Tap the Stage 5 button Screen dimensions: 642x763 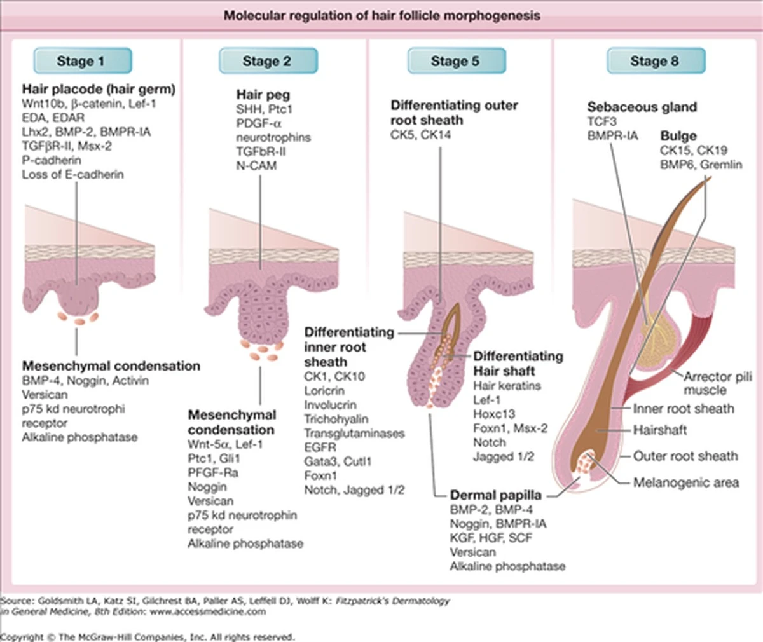pyautogui.click(x=455, y=61)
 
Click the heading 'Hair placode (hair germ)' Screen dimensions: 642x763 pyautogui.click(x=99, y=89)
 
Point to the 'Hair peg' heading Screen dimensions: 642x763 pyautogui.click(x=263, y=95)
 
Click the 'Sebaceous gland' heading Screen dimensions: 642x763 pyautogui.click(x=642, y=107)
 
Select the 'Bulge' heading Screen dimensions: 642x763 pyautogui.click(x=678, y=135)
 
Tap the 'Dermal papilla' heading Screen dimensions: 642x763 pyautogui.click(x=496, y=495)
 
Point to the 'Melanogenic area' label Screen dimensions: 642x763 pyautogui.click(x=686, y=482)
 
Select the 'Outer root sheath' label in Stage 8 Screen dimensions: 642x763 pyautogui.click(x=685, y=456)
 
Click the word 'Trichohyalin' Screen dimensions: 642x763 pyautogui.click(x=336, y=419)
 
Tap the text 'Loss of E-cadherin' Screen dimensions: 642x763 pyautogui.click(x=73, y=174)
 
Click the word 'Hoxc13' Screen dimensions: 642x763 pyautogui.click(x=494, y=414)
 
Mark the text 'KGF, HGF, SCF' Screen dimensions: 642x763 pyautogui.click(x=491, y=537)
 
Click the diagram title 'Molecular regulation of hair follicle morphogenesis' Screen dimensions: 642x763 pyautogui.click(x=381, y=15)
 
